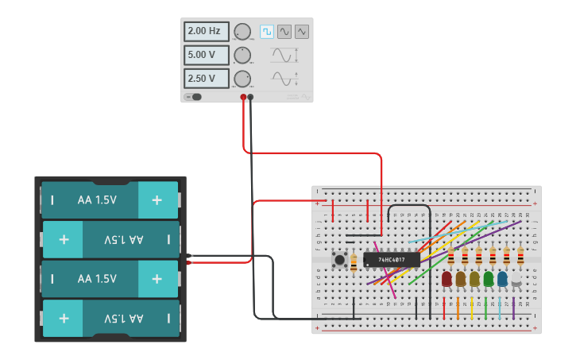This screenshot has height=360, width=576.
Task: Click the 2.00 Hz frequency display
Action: (207, 31)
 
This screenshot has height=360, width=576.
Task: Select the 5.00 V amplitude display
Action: (207, 55)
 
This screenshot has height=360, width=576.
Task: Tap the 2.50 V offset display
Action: (207, 79)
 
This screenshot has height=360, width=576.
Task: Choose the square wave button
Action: (267, 32)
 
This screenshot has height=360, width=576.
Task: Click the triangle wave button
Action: (302, 32)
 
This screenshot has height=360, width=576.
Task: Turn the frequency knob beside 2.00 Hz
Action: (242, 32)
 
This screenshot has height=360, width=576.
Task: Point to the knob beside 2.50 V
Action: (242, 79)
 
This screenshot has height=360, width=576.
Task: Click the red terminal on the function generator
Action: (243, 97)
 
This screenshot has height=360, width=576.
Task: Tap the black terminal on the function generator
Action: (251, 97)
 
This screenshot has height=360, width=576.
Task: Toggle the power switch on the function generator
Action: (193, 97)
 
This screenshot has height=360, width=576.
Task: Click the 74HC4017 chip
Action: (392, 260)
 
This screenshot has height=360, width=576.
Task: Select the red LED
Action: (446, 279)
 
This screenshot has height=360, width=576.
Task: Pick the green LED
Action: (488, 279)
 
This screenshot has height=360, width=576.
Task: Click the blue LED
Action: (502, 279)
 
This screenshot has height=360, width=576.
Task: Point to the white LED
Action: (516, 279)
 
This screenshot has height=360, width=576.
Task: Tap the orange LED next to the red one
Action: (460, 279)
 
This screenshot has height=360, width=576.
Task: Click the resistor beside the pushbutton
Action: (354, 262)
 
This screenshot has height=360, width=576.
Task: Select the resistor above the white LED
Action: (520, 256)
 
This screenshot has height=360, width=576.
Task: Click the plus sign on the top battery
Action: (157, 200)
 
